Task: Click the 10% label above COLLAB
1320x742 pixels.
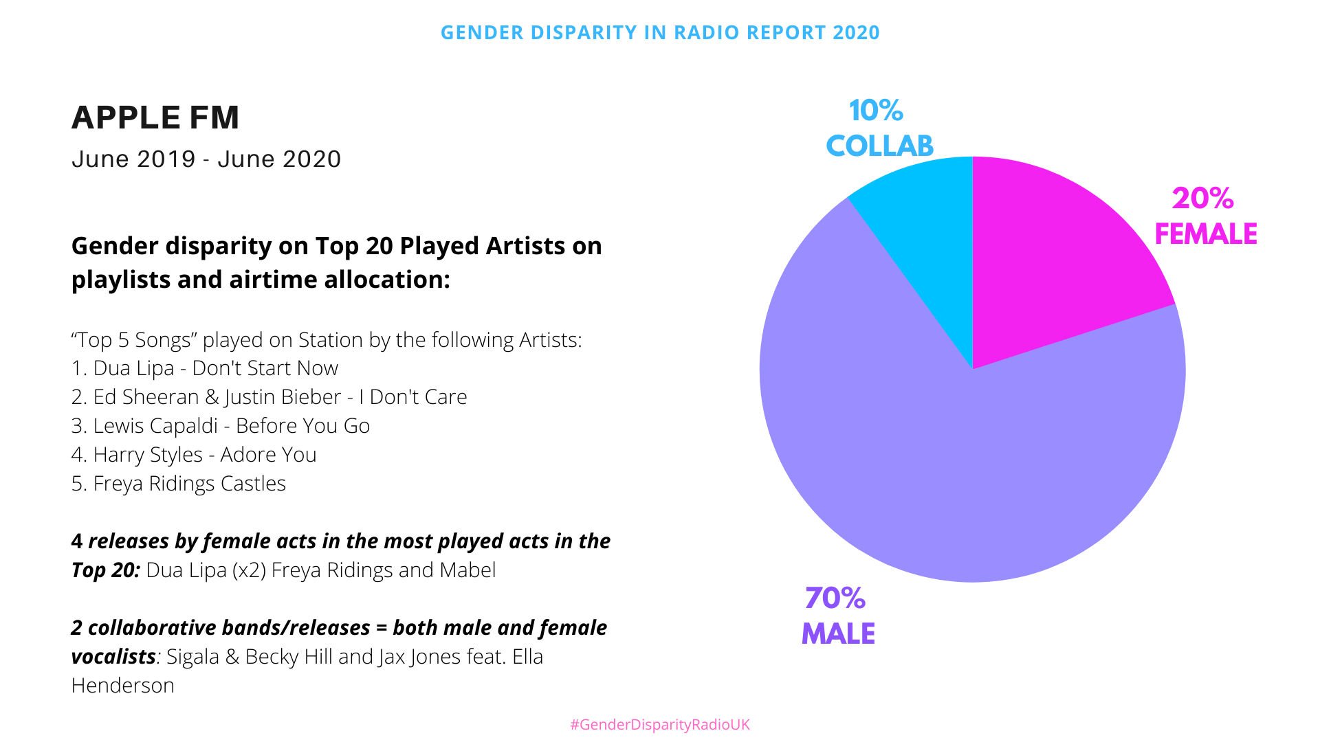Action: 876,111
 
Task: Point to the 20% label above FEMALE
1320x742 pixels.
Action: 1203,199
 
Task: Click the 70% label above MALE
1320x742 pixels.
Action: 835,598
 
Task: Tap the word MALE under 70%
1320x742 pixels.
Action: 839,633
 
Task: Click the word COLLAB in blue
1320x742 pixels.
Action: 880,146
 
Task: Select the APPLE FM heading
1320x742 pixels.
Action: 155,117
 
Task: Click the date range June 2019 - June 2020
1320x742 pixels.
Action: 206,159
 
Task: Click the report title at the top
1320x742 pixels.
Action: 660,32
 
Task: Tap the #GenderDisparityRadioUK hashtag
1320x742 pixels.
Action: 660,724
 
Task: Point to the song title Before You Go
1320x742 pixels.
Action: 302,426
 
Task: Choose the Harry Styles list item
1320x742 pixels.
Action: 194,455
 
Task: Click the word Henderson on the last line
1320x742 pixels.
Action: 123,686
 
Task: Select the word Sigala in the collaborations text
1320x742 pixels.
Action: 192,657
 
